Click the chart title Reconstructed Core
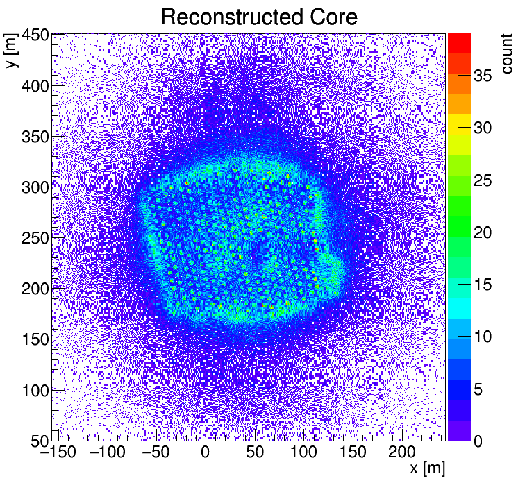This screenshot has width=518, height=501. [258, 17]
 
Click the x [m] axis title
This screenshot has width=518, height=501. [426, 468]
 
